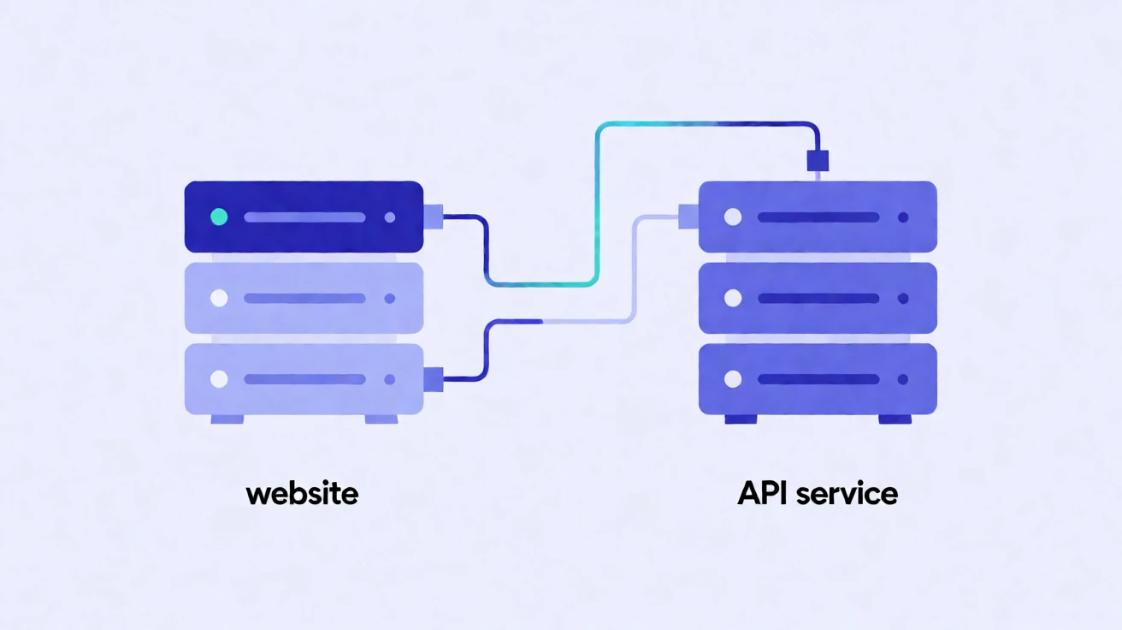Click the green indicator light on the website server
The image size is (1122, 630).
pos(219,217)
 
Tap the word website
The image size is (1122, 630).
pos(302,494)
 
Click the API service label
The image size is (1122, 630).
pos(818,494)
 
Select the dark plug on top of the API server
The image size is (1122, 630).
pos(818,161)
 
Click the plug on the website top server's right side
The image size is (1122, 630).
pos(434,217)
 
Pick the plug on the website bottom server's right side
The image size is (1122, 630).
pos(434,379)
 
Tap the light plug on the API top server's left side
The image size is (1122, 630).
pos(688,217)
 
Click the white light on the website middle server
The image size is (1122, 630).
pos(219,298)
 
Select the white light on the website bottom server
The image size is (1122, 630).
pos(219,379)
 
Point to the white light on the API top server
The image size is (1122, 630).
pos(733,217)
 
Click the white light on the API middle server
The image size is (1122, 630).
pos(733,298)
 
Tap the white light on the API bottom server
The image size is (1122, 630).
pos(733,379)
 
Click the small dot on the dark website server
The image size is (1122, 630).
pos(390,217)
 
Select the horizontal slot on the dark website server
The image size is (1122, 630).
pos(304,217)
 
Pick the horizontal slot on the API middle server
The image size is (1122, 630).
pos(818,298)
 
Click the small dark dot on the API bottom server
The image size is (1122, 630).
pos(903,379)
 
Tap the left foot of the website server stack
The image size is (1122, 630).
pos(227,419)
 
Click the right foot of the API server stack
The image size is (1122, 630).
pos(895,419)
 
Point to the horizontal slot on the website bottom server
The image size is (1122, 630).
pos(304,379)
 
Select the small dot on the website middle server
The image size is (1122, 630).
pos(390,298)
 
